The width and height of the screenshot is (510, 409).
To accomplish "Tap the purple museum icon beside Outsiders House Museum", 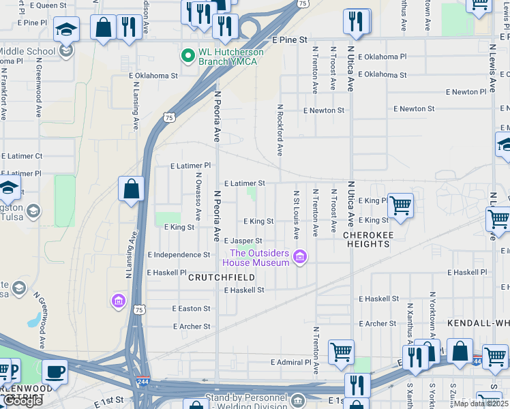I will click(x=299, y=257).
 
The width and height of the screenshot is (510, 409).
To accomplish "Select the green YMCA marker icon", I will click(x=187, y=54).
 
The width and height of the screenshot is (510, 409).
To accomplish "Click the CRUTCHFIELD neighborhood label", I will click(x=222, y=277).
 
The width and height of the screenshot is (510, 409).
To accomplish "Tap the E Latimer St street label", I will click(x=244, y=183).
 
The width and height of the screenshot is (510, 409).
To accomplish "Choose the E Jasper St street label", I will click(x=243, y=241).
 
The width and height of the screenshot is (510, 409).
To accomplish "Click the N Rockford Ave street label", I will click(x=280, y=130).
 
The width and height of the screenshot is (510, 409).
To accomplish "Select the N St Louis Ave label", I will click(x=297, y=215).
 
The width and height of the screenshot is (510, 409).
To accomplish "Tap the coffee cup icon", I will click(x=55, y=372).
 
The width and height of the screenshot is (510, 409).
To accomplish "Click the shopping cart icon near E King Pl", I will click(x=400, y=205).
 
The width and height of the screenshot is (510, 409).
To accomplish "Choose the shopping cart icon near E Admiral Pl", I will click(x=341, y=352).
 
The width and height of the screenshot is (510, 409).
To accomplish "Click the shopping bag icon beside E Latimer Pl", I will click(x=131, y=189).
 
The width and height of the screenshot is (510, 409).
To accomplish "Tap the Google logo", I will click(x=23, y=401).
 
